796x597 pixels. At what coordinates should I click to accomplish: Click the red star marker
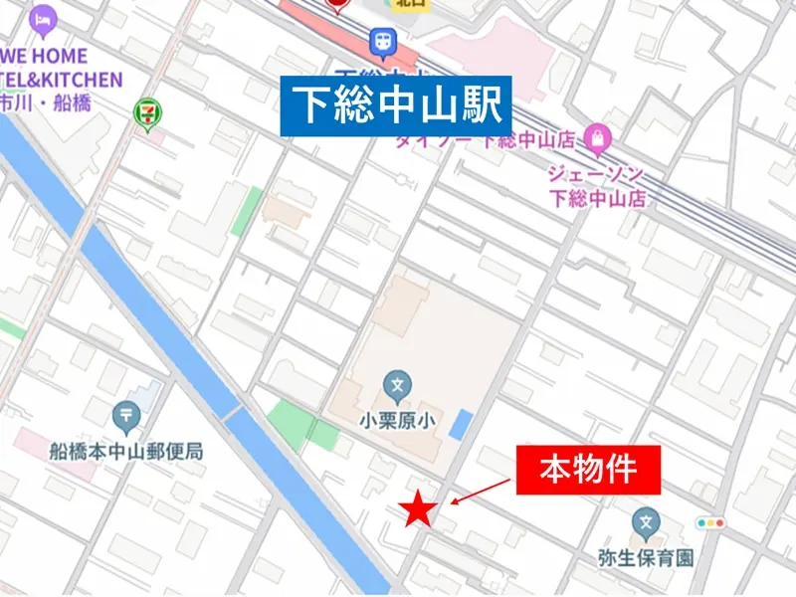(x=419, y=508)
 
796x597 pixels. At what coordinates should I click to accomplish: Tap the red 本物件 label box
(x=587, y=470)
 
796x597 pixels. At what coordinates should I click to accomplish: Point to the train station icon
(x=382, y=42)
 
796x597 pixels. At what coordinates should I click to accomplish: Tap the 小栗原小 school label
(x=398, y=421)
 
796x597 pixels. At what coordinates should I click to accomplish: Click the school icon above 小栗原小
(x=397, y=383)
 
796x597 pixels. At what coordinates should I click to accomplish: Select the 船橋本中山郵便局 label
(x=126, y=451)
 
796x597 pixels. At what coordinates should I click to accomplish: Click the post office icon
(x=126, y=413)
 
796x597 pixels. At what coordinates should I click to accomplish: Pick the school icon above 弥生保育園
(x=646, y=520)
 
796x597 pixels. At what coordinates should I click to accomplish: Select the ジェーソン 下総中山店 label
(x=597, y=185)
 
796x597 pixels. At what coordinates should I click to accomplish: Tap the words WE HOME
(x=44, y=56)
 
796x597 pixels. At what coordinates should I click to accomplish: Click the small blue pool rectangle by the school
(x=461, y=424)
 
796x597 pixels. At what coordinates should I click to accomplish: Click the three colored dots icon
(x=711, y=522)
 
